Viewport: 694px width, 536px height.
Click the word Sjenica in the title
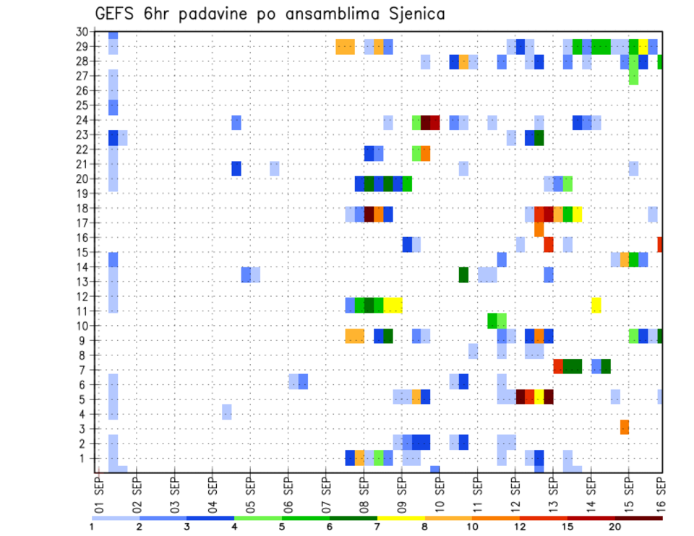click(x=410, y=14)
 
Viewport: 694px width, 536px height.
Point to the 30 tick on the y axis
click(x=82, y=32)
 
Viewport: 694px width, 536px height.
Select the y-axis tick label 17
click(x=82, y=223)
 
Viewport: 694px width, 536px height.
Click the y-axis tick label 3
click(x=85, y=429)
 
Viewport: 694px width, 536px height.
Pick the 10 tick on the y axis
click(x=82, y=326)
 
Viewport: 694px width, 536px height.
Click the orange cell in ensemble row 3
click(x=625, y=427)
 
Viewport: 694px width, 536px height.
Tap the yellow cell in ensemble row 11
click(x=596, y=305)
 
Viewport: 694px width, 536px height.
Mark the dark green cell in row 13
click(x=463, y=275)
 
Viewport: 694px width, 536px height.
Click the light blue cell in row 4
click(x=227, y=412)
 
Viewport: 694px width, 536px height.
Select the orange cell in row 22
click(x=426, y=153)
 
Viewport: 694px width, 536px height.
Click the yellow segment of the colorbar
click(x=401, y=518)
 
